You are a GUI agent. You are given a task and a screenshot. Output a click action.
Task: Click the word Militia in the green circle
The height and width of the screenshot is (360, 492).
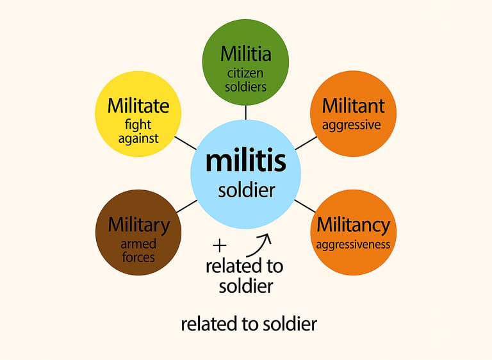(245, 54)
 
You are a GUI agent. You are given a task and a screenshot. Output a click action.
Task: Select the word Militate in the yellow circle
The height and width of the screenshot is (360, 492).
(138, 105)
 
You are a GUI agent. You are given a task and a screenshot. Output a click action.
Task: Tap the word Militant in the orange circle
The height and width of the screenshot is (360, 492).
(353, 105)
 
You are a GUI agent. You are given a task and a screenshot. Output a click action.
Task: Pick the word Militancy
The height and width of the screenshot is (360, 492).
(353, 225)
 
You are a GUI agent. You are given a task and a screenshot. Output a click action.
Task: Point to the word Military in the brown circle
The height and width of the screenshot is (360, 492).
(138, 225)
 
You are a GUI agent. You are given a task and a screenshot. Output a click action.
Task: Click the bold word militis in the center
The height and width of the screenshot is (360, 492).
(245, 161)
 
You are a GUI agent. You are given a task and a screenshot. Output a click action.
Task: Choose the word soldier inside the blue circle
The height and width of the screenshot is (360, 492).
(246, 190)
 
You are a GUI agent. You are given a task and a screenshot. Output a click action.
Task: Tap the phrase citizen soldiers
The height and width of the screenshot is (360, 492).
(245, 78)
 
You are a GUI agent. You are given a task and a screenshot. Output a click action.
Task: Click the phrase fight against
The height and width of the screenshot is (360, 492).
(138, 131)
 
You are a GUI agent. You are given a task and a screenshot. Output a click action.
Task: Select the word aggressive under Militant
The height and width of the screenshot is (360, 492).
(351, 125)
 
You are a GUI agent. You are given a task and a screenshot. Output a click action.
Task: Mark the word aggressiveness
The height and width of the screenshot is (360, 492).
(352, 245)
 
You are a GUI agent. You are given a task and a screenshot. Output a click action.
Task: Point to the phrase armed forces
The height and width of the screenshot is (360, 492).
(138, 250)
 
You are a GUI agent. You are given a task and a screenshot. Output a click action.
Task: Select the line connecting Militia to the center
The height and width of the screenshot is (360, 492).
(245, 112)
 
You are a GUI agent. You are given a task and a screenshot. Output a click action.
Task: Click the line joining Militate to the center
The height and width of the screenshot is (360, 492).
(185, 142)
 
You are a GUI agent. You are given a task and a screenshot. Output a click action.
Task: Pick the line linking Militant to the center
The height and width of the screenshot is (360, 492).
(306, 142)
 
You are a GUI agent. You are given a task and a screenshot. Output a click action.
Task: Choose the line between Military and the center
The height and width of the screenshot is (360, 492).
(186, 206)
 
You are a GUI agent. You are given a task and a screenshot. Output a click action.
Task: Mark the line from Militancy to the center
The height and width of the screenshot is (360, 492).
(305, 206)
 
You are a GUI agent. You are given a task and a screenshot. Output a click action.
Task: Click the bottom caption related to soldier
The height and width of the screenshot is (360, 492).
(249, 324)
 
